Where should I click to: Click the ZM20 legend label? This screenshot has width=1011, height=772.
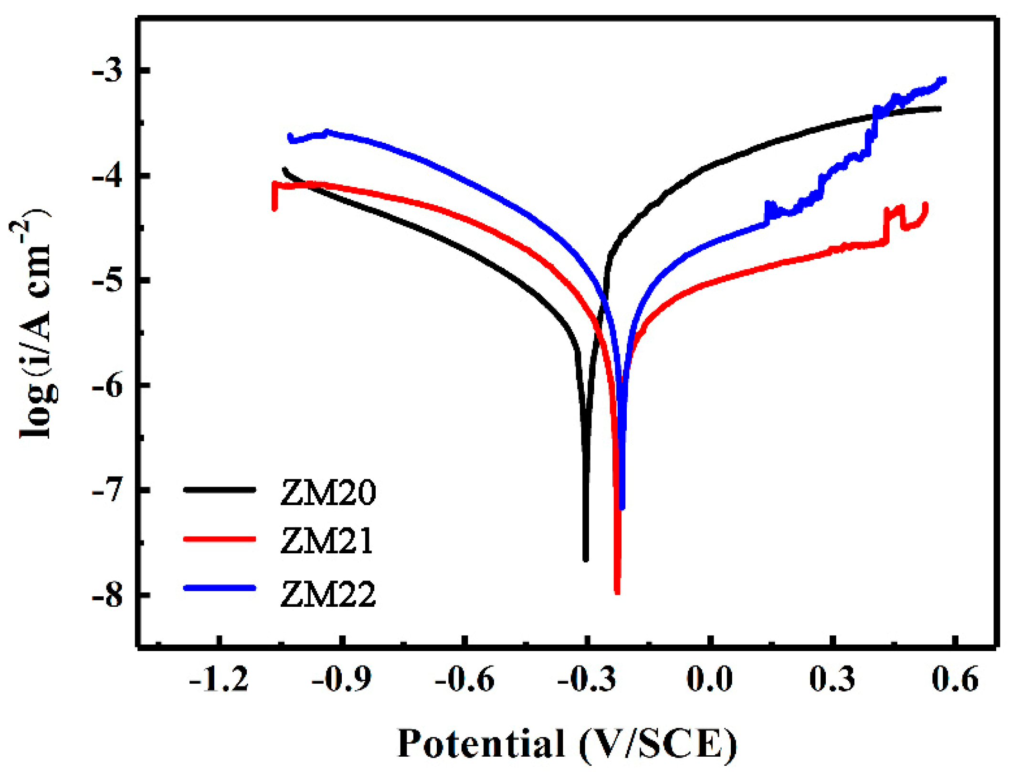point(328,492)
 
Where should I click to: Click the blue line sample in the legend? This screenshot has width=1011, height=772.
point(220,588)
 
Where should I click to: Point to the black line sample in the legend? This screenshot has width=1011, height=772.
point(220,489)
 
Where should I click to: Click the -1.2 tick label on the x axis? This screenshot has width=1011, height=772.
point(219,679)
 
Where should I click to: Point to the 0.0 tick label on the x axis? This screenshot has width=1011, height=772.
point(710,679)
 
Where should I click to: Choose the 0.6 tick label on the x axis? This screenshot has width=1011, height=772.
point(955,679)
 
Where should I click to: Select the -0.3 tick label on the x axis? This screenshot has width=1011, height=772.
point(587,679)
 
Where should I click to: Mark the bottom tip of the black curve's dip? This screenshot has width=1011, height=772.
point(586,560)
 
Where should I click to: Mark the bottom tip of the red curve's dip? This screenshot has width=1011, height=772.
point(617,592)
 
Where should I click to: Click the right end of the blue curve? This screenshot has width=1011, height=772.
point(943,80)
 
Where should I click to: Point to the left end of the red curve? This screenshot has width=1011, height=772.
point(274,208)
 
